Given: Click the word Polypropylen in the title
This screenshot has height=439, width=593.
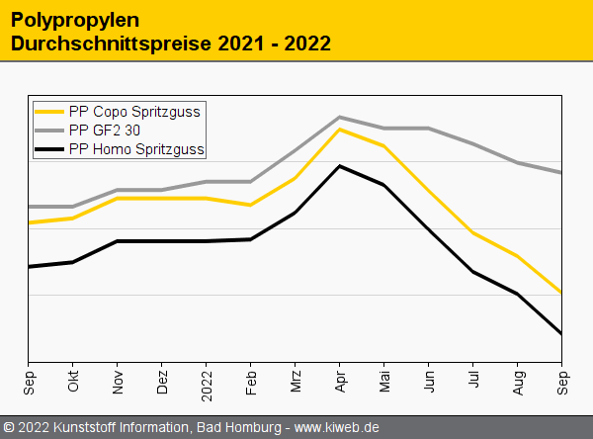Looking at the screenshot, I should pyautogui.click(x=75, y=20).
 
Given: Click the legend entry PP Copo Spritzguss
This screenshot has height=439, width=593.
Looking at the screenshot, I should pyautogui.click(x=134, y=112).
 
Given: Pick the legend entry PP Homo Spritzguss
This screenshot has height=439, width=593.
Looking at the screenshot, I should pyautogui.click(x=136, y=149).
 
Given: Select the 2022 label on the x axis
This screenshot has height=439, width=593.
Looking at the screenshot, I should pyautogui.click(x=207, y=381).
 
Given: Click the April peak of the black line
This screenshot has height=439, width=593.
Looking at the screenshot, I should pyautogui.click(x=340, y=166).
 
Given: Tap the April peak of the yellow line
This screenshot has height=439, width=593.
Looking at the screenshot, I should pyautogui.click(x=340, y=129).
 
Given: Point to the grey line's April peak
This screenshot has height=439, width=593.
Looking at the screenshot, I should pyautogui.click(x=340, y=117).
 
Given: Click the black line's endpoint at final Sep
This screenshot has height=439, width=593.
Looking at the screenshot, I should pyautogui.click(x=561, y=334).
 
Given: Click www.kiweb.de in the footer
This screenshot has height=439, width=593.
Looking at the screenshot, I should pyautogui.click(x=337, y=427).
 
